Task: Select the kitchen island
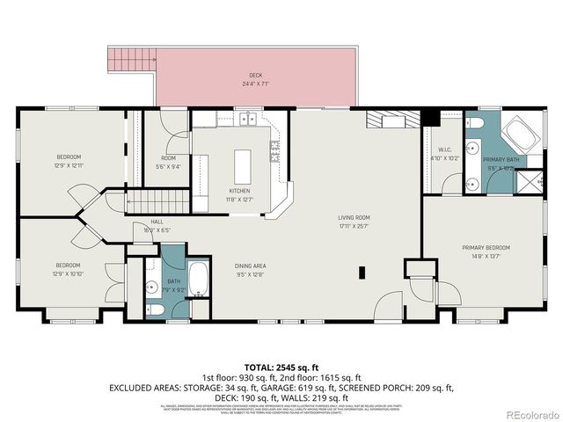241,164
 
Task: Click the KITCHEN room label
239,191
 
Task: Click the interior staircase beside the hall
158,202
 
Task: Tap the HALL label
157,222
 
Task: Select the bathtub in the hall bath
198,280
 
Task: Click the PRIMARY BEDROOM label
486,248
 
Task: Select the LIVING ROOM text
355,217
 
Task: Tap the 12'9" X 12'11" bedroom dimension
68,165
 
